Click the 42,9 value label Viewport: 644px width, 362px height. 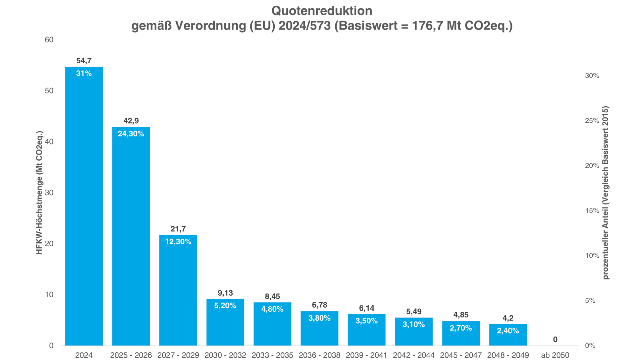[131, 121]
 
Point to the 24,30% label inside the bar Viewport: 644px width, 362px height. [131, 134]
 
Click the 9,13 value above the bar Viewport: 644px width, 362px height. [225, 293]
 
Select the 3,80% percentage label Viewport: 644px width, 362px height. [319, 318]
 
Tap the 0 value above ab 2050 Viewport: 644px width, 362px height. [555, 340]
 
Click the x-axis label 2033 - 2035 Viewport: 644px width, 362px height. [272, 355]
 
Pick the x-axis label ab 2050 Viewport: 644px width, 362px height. [555, 355]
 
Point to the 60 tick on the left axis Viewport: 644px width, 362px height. [49, 40]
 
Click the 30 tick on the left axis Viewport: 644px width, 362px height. [49, 193]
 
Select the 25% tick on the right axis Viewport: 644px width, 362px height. [592, 121]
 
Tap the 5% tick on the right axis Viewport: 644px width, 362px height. [590, 301]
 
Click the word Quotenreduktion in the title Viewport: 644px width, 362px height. [322, 11]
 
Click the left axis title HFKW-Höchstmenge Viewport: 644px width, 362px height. [39, 193]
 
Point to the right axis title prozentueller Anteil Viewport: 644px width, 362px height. [605, 193]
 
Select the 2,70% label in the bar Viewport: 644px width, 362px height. [461, 328]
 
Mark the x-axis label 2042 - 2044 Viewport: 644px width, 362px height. [414, 355]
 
